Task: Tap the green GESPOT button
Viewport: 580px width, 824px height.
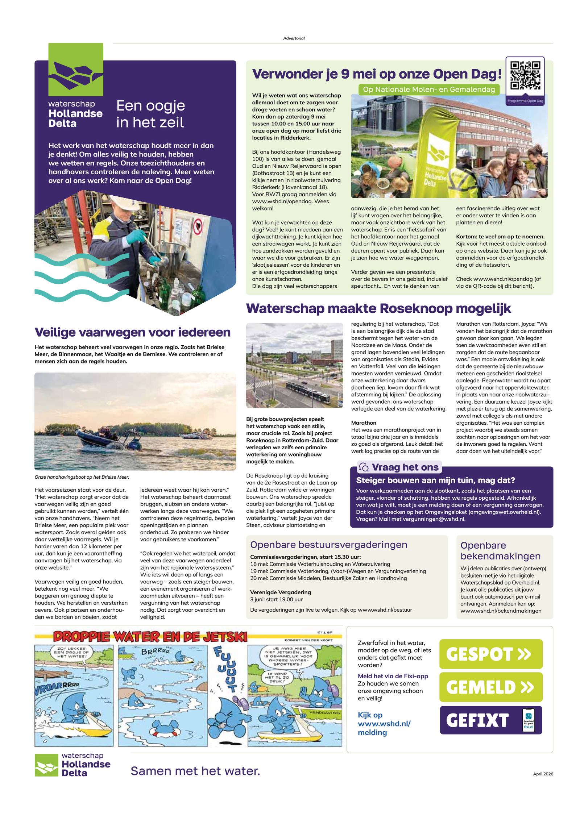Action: [490, 654]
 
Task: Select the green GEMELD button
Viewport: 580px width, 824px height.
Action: [490, 687]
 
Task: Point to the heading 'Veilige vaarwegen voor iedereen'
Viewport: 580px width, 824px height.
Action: [132, 332]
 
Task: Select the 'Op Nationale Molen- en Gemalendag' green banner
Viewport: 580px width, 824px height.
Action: [428, 90]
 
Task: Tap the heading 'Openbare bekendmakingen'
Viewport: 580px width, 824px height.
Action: [500, 550]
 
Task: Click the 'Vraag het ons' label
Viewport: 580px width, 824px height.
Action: [405, 467]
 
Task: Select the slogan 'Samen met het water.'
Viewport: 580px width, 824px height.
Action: [195, 771]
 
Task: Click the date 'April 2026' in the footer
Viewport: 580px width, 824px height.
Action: [543, 774]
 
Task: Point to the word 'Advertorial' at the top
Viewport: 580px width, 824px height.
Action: [294, 38]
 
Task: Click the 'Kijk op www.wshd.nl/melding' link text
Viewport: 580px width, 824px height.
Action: [384, 724]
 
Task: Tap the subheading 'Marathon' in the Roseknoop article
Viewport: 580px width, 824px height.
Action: [364, 423]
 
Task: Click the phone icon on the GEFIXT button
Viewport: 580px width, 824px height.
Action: [528, 720]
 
